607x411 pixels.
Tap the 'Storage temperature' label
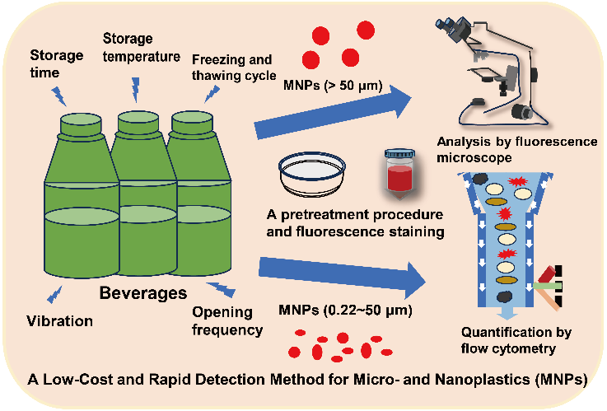click(x=141, y=48)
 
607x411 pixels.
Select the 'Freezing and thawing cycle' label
click(x=232, y=67)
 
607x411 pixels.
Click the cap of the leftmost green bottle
click(x=81, y=121)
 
